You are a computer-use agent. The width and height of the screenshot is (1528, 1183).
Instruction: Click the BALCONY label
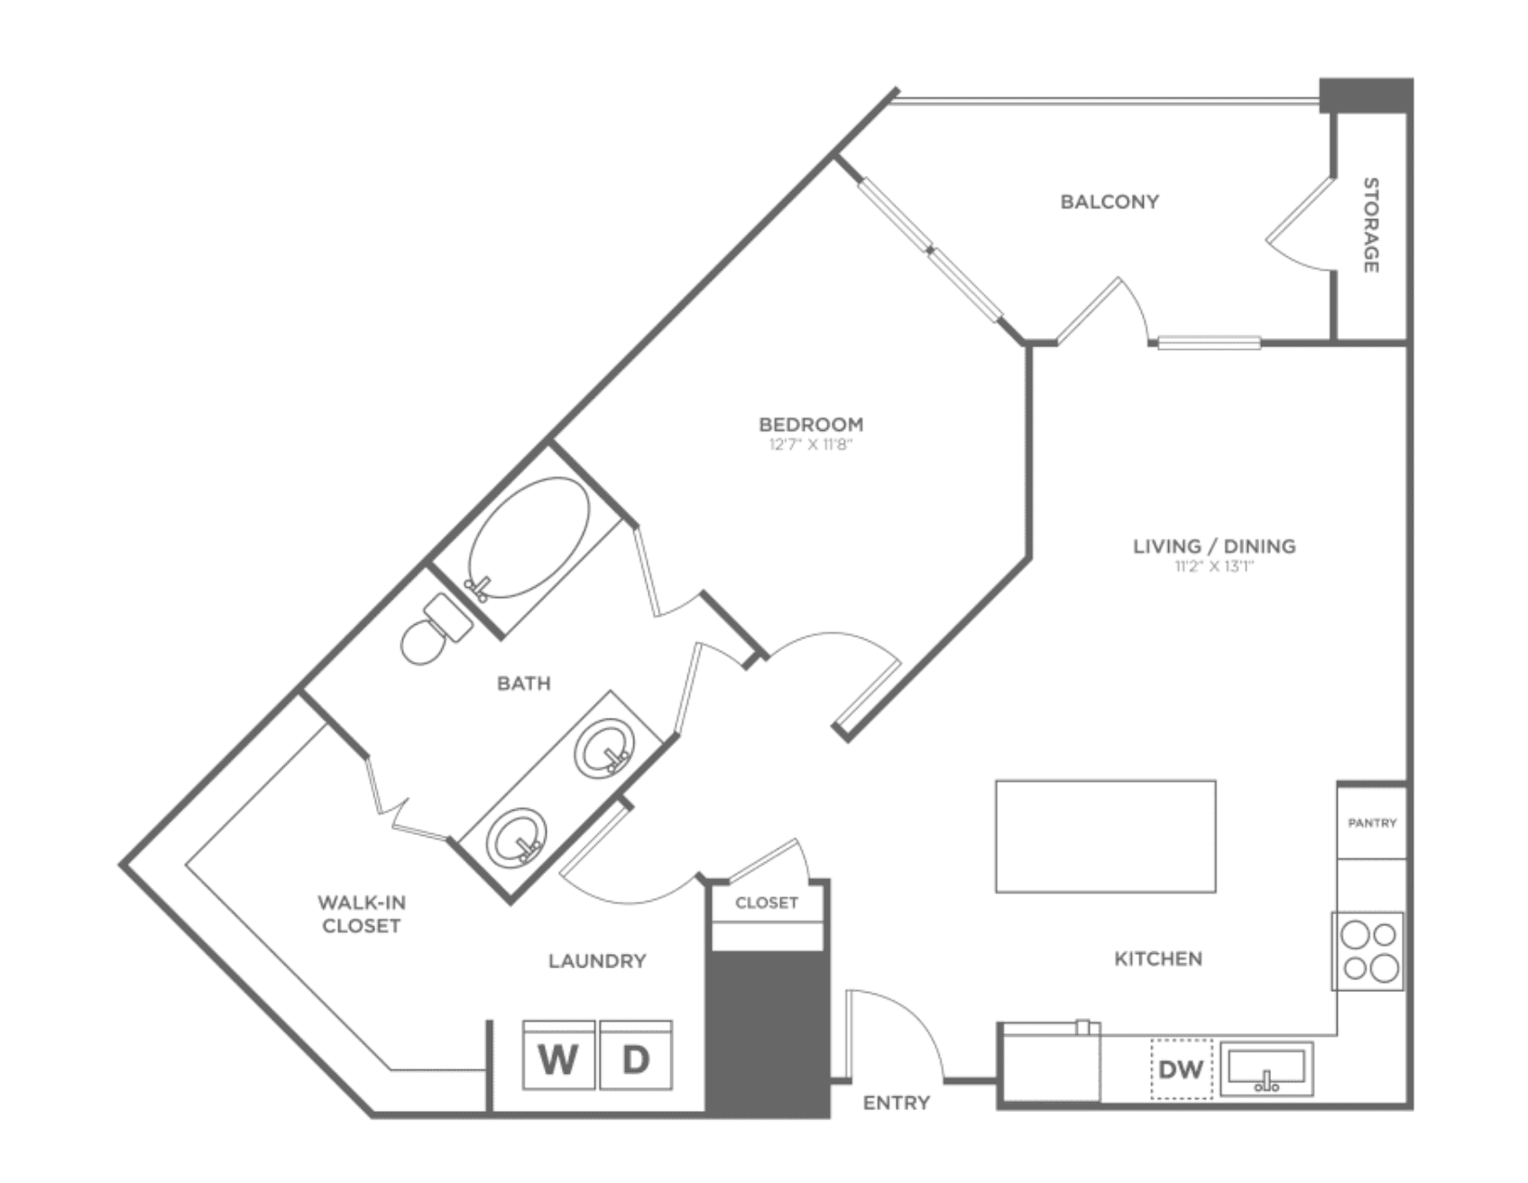click(1109, 201)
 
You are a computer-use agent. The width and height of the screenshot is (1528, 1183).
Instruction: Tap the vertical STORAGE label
click(1370, 225)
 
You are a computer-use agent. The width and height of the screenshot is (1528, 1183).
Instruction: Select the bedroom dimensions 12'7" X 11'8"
click(811, 444)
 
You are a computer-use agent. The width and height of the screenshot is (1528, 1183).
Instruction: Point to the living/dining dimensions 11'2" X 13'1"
click(1214, 566)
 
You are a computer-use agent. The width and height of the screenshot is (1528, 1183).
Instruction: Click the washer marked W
click(559, 1055)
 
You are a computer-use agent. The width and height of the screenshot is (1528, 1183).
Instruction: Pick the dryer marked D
click(636, 1055)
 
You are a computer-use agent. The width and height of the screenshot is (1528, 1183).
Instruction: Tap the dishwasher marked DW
click(1181, 1069)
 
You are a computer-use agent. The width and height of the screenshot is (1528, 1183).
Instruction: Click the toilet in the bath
click(436, 628)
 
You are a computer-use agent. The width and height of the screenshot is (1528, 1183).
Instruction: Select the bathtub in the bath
click(528, 538)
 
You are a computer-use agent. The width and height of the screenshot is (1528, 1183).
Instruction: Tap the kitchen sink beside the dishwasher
click(1266, 1069)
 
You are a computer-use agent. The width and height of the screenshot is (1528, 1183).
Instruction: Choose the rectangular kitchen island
click(1106, 836)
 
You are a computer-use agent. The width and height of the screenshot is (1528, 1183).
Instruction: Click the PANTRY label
click(1372, 823)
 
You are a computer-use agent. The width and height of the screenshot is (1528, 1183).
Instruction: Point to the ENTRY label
click(897, 1103)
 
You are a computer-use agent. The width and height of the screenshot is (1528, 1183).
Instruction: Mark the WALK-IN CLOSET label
click(361, 913)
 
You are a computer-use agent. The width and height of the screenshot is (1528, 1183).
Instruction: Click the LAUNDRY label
click(597, 961)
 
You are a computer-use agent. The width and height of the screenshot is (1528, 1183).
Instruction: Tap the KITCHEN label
click(1158, 958)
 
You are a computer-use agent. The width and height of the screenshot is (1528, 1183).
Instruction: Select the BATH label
click(524, 683)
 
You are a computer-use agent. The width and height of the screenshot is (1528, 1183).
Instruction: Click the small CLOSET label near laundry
click(767, 903)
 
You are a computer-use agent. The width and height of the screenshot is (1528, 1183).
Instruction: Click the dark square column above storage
click(1366, 96)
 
